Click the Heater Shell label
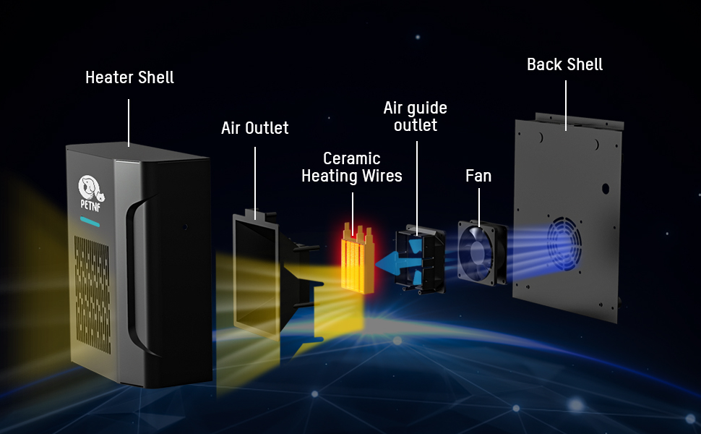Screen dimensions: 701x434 129,77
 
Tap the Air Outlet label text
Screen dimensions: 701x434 254,129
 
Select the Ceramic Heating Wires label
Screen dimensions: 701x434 352,167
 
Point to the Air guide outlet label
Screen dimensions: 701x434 415,116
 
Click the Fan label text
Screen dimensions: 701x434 478,176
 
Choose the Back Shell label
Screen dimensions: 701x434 564,64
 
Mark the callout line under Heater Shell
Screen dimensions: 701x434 129,122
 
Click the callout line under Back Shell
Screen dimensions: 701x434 564,105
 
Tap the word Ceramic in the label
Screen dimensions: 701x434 352,158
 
